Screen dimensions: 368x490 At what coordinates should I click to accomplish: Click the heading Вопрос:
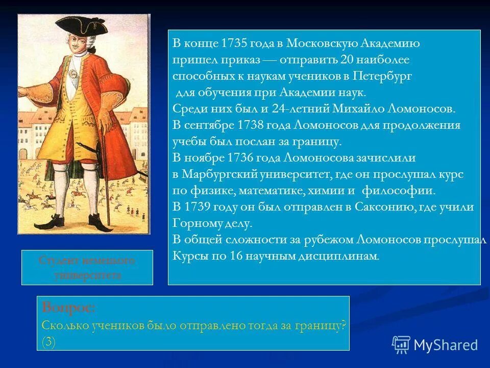click(68, 308)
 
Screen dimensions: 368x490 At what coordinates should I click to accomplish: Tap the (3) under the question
click(48, 342)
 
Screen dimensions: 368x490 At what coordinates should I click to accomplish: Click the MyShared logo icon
click(401, 344)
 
